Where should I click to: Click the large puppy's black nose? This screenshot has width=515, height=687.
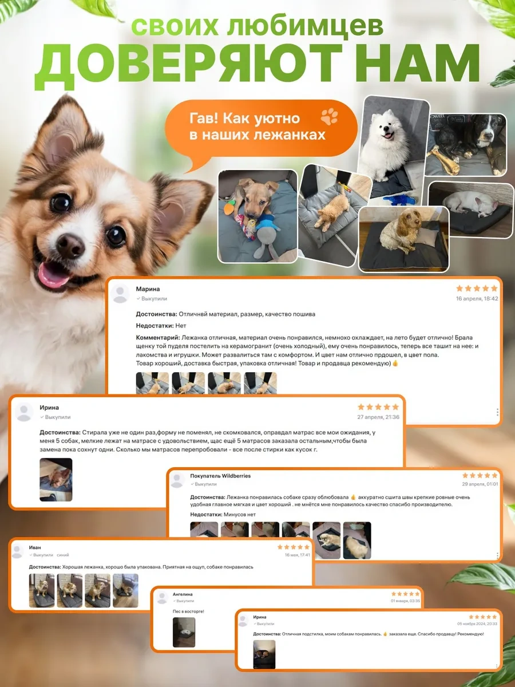pyautogui.click(x=70, y=246)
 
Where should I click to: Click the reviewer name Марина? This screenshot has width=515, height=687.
pyautogui.click(x=148, y=289)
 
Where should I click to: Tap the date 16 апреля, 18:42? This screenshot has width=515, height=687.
pyautogui.click(x=477, y=299)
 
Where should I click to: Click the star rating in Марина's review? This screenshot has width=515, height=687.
pyautogui.click(x=476, y=289)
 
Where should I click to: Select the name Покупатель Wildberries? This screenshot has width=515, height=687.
pyautogui.click(x=220, y=476)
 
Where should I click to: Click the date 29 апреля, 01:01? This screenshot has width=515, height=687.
pyautogui.click(x=480, y=484)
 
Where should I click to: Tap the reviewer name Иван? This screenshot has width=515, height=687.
pyautogui.click(x=35, y=548)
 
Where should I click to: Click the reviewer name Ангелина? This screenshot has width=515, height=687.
pyautogui.click(x=183, y=594)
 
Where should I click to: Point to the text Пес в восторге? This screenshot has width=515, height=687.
pyautogui.click(x=188, y=611)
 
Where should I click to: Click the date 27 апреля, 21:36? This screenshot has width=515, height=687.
pyautogui.click(x=378, y=417)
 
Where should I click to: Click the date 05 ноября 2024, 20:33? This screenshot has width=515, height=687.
pyautogui.click(x=477, y=623)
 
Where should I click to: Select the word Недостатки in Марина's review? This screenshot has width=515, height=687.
pyautogui.click(x=154, y=326)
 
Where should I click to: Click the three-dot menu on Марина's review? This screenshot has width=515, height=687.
pyautogui.click(x=497, y=412)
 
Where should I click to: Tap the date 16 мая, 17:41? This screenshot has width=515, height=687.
pyautogui.click(x=298, y=555)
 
